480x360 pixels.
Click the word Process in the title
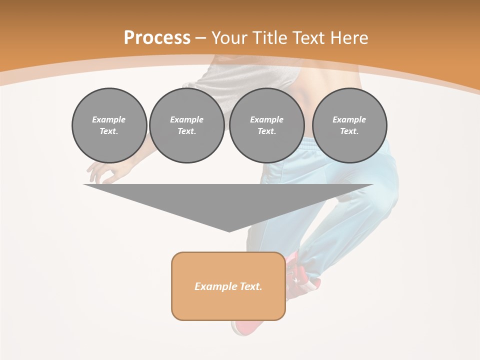coord(157,38)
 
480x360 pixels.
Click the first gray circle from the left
coord(109,125)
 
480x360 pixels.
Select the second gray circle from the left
coord(186,125)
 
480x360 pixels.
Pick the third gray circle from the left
coord(266,125)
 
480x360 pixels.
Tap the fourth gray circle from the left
coord(349,125)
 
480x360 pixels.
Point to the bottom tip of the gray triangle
coord(229,231)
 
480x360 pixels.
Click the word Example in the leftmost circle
coord(108,119)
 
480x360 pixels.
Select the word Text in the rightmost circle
coord(349,131)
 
